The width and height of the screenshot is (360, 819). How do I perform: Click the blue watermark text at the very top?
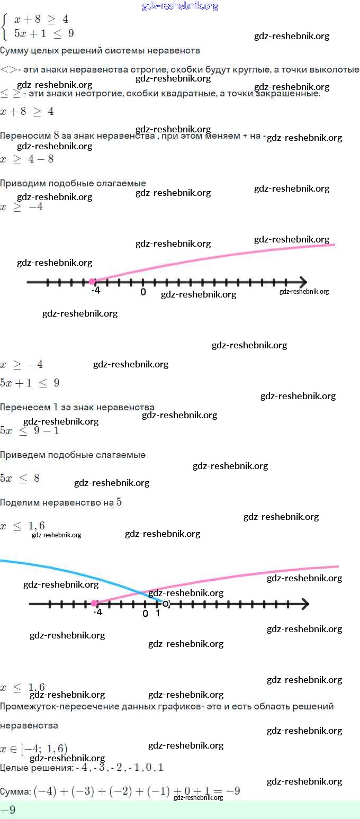[180, 6]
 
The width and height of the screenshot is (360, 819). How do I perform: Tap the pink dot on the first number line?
[92, 282]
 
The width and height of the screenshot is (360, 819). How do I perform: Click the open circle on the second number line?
[166, 604]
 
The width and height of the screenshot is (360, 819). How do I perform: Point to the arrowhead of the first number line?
[302, 282]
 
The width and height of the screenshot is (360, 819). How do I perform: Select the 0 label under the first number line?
[143, 292]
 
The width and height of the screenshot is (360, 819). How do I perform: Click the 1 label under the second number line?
[158, 613]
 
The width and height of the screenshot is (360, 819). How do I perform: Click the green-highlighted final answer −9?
[8, 810]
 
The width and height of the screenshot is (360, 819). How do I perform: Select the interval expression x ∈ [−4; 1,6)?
[34, 748]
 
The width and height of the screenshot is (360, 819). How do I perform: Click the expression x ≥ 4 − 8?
[27, 159]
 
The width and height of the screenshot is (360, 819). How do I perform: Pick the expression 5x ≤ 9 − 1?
[30, 430]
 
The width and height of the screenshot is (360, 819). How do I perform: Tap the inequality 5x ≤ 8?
[20, 478]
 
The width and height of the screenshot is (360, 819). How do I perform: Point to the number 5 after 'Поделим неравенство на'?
[119, 502]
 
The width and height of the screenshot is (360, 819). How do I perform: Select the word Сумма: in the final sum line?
[15, 792]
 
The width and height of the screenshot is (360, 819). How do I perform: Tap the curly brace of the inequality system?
[5, 26]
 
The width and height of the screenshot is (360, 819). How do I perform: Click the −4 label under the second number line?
[97, 613]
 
